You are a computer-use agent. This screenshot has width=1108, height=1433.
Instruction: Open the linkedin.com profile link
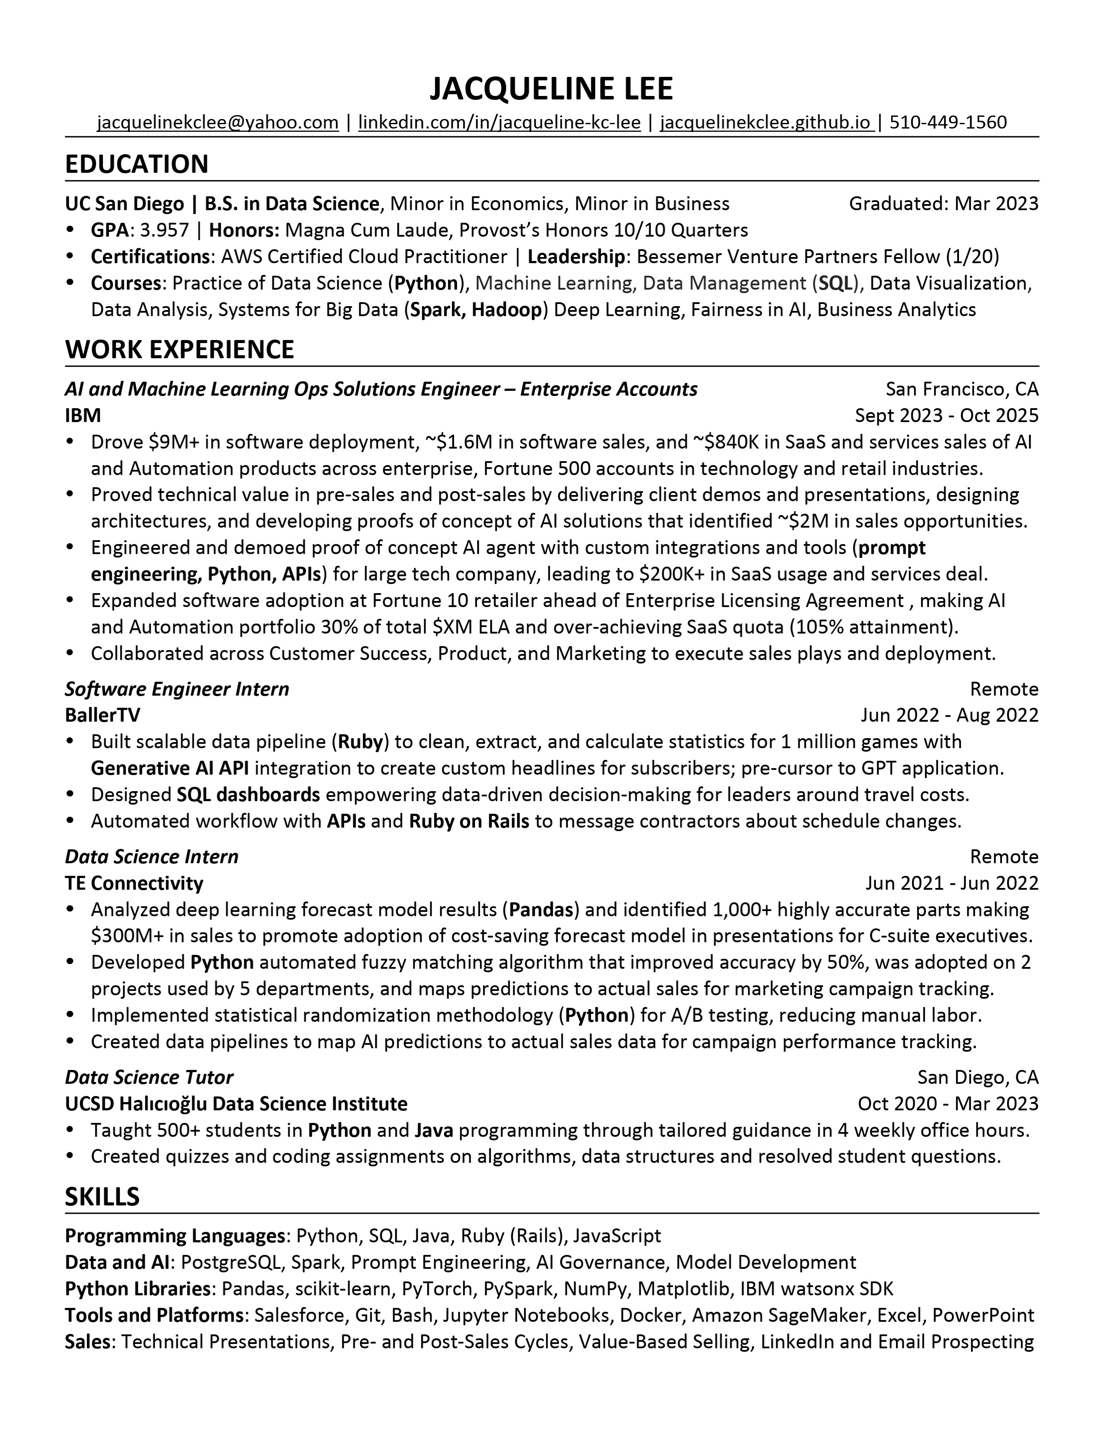click(x=499, y=123)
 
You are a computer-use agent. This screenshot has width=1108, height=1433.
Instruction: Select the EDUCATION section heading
click(x=136, y=164)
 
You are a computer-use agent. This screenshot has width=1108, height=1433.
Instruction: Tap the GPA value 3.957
click(x=165, y=230)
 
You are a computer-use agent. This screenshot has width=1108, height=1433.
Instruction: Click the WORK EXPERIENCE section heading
click(x=179, y=350)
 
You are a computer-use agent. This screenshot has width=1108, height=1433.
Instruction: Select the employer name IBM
click(x=83, y=415)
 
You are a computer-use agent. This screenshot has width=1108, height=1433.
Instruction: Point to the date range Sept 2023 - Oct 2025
click(x=946, y=415)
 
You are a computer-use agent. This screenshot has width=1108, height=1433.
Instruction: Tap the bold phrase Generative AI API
click(x=169, y=768)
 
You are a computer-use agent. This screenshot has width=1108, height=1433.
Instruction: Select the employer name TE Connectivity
click(x=134, y=883)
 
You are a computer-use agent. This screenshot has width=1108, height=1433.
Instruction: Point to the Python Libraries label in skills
click(x=137, y=1289)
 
